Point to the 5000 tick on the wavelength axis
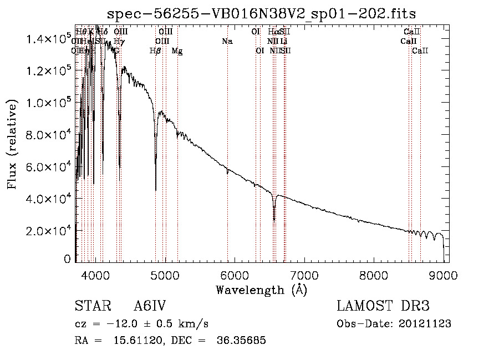[x=165, y=274]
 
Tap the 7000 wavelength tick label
[x=304, y=274]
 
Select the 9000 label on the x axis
[x=443, y=274]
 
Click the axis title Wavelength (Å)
[x=261, y=290]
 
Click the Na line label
[x=227, y=42]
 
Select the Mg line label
[x=177, y=51]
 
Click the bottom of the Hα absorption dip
[x=274, y=220]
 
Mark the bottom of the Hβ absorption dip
[x=156, y=190]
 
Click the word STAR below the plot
[x=89, y=307]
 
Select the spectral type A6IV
[x=150, y=307]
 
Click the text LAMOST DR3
[x=383, y=307]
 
